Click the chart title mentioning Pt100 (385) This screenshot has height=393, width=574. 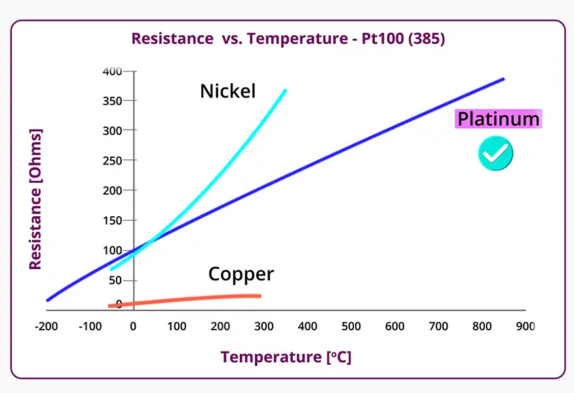coord(288,38)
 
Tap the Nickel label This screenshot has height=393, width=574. coord(227,91)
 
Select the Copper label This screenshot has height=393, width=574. coord(240,273)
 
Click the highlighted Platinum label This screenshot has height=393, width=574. coord(499,119)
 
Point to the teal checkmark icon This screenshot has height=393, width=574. coord(495,153)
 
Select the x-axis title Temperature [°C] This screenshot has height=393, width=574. coord(286,357)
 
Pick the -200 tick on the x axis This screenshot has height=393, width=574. coord(46,326)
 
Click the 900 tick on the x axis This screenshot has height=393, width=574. coord(525,326)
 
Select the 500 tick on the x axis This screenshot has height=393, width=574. coord(351,326)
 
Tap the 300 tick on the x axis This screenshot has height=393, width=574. coord(263,326)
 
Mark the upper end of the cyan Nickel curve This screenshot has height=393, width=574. coord(285,90)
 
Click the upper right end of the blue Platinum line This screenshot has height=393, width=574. coord(503,79)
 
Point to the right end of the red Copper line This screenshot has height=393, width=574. coord(259,296)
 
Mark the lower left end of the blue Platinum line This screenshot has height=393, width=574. coord(48,300)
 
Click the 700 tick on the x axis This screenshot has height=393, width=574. coord(438,326)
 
